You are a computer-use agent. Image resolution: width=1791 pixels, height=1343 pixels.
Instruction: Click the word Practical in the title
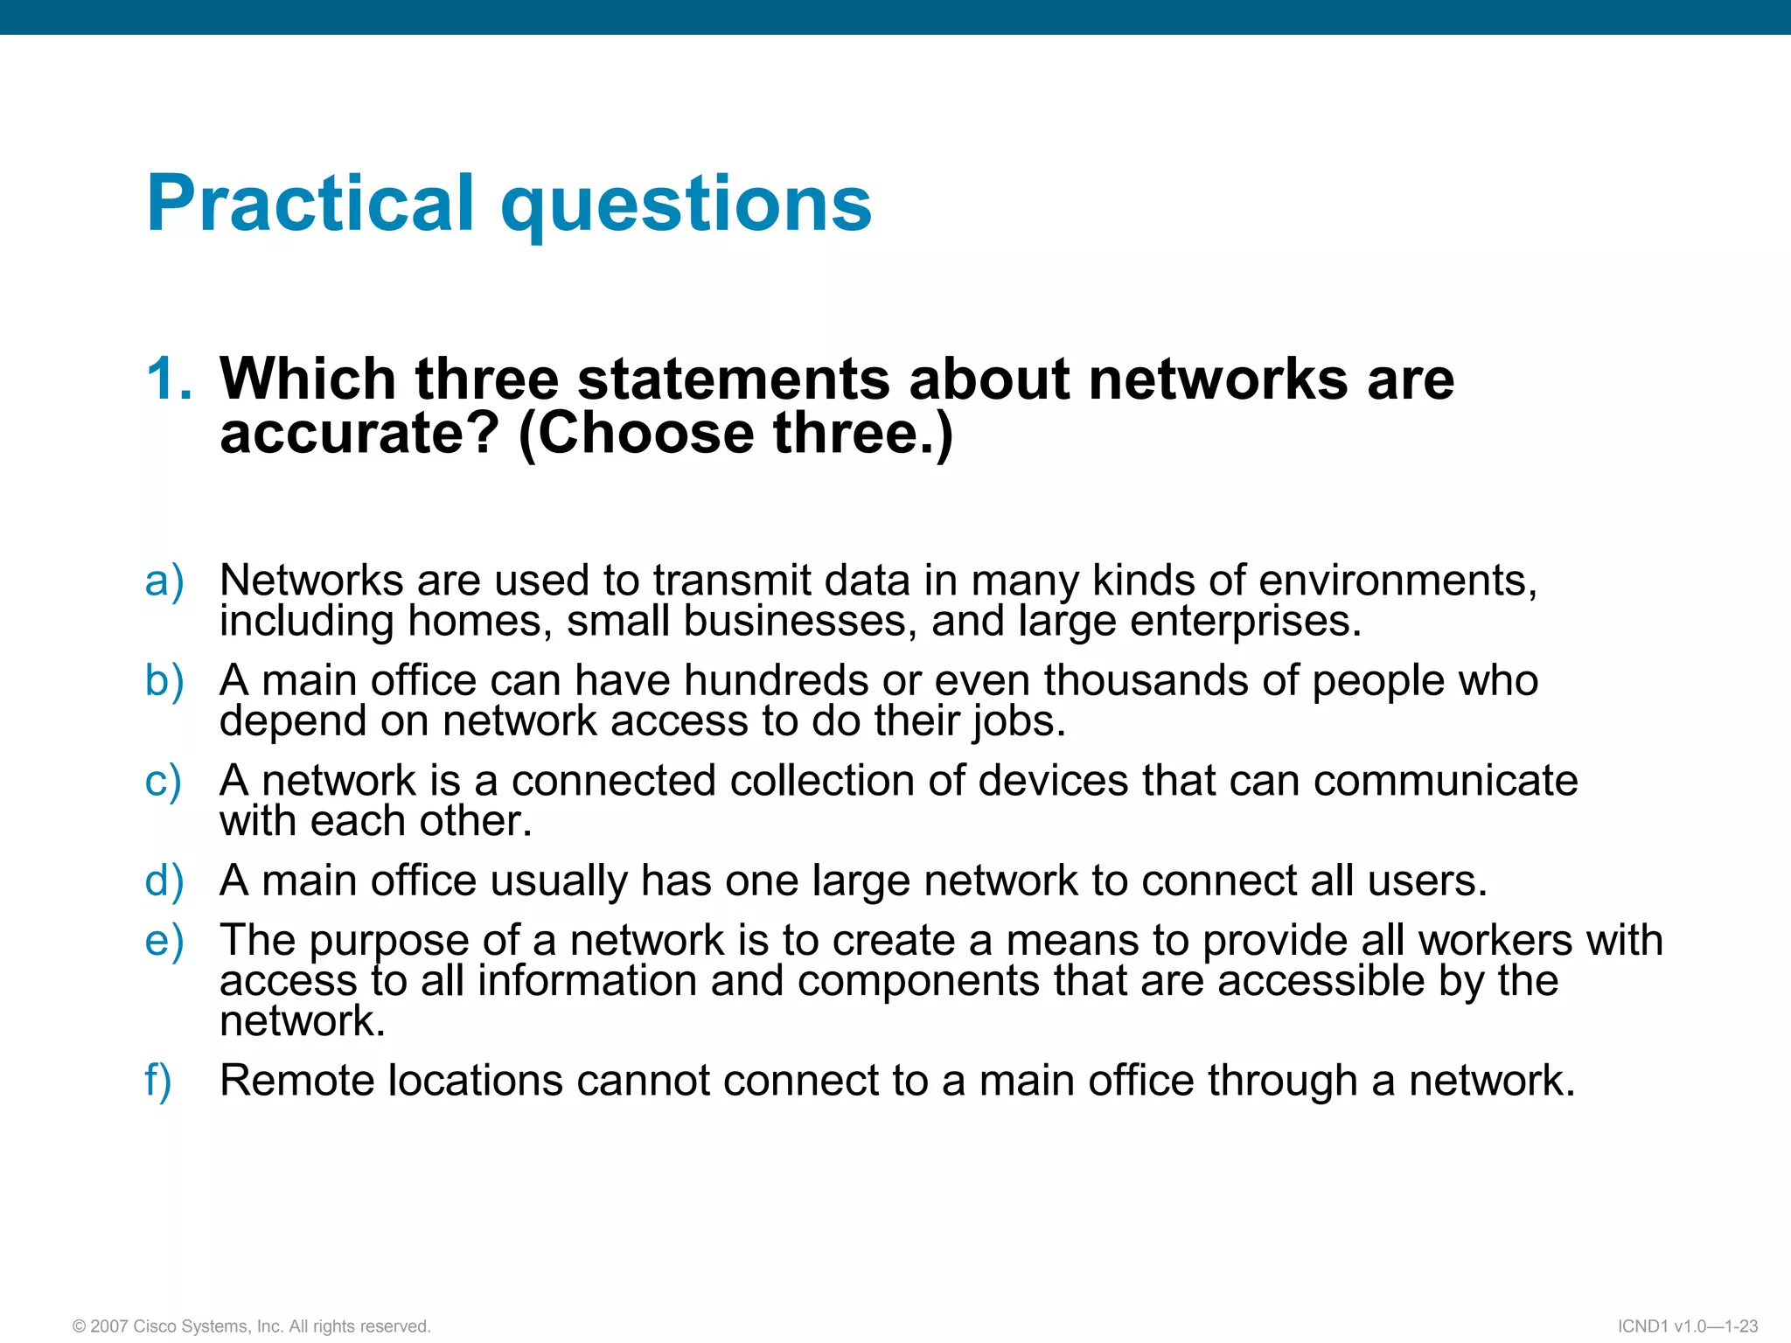coord(310,203)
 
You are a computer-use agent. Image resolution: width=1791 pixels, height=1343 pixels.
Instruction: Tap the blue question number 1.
coord(168,379)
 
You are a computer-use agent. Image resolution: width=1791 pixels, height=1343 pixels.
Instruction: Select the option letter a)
coord(164,581)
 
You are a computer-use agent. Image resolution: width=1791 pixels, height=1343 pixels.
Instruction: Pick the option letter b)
coord(164,681)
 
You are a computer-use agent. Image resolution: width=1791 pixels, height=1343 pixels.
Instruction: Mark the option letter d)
coord(164,880)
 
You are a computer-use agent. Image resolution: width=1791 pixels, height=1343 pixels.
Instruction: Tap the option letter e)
coord(164,941)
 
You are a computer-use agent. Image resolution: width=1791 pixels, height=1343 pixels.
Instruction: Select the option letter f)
coord(158,1081)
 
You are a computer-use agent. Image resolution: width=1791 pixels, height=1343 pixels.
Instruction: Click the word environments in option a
coord(1396,581)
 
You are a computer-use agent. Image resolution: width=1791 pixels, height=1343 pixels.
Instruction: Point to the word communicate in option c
coord(1446,780)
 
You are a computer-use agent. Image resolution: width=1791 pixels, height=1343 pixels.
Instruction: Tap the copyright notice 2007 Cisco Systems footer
coord(252,1326)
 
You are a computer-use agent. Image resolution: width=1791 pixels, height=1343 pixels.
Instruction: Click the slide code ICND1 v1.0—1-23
coord(1688,1326)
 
